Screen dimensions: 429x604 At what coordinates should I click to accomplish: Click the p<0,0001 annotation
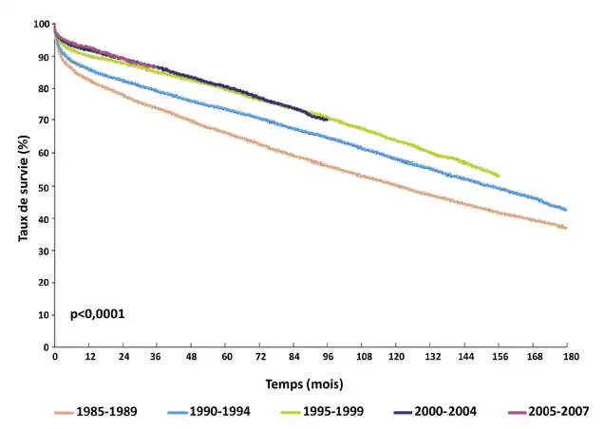(x=98, y=313)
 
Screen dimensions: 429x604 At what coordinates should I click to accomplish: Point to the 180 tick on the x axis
(x=567, y=356)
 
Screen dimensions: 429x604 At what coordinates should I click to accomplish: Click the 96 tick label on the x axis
(x=329, y=356)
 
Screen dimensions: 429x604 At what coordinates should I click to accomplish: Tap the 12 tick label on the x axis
(x=89, y=356)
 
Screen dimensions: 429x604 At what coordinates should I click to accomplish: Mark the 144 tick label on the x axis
(x=465, y=356)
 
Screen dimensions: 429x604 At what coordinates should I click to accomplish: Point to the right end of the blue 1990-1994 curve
(x=567, y=210)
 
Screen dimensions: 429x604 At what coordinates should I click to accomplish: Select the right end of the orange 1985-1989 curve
(x=567, y=228)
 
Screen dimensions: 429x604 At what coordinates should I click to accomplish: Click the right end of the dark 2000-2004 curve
(x=327, y=119)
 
